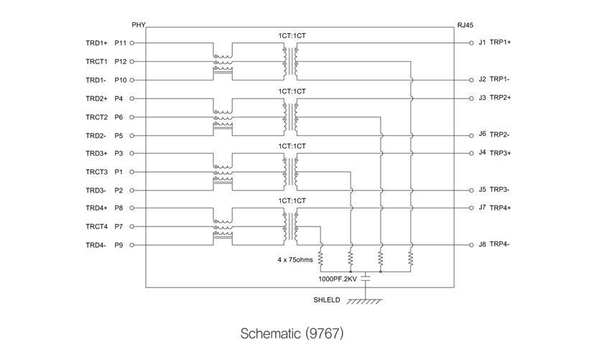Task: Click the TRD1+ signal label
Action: pyautogui.click(x=96, y=43)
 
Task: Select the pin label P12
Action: pyautogui.click(x=121, y=62)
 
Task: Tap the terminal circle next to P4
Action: pyautogui.click(x=131, y=98)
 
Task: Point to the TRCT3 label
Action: pyautogui.click(x=96, y=172)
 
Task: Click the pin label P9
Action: pyautogui.click(x=119, y=245)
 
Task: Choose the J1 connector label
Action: pyautogui.click(x=482, y=42)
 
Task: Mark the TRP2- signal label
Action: pyautogui.click(x=499, y=134)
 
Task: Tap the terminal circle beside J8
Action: pyautogui.click(x=471, y=244)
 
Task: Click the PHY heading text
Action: pyautogui.click(x=139, y=24)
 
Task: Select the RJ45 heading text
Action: pyautogui.click(x=465, y=24)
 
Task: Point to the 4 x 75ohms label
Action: pyautogui.click(x=295, y=260)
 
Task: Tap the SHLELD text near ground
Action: pyautogui.click(x=325, y=301)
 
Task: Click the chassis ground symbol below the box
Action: pyautogui.click(x=365, y=301)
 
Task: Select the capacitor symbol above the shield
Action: pyautogui.click(x=365, y=276)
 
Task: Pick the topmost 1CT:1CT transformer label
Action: pyautogui.click(x=292, y=35)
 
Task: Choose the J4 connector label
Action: pyautogui.click(x=482, y=152)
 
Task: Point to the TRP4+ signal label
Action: pyautogui.click(x=500, y=208)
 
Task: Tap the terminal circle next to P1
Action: pyautogui.click(x=131, y=172)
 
